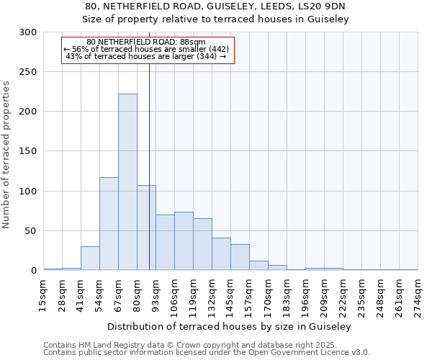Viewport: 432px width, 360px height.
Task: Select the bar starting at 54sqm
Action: (109, 224)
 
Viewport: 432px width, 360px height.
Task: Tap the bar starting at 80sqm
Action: (146, 228)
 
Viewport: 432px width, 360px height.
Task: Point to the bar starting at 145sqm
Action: (240, 258)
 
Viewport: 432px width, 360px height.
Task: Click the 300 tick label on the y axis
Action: (28, 32)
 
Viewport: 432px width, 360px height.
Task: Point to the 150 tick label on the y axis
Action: (28, 152)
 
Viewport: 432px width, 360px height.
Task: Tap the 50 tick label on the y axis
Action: (31, 231)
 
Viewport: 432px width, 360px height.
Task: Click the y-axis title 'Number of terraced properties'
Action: (6, 155)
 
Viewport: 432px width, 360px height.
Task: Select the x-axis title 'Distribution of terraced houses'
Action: (230, 326)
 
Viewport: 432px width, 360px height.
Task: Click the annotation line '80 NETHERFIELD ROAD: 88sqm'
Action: (145, 42)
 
